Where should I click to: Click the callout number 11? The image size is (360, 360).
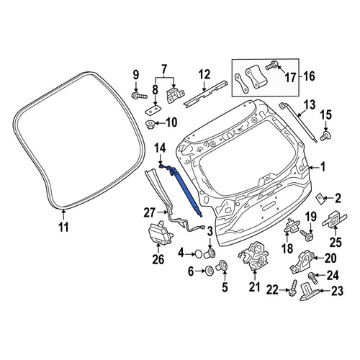64,227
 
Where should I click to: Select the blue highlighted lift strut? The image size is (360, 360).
182,189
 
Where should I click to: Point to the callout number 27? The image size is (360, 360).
149,212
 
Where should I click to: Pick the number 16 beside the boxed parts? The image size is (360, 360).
309,76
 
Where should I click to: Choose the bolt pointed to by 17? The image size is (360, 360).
272,66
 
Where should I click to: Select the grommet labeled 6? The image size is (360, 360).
210,271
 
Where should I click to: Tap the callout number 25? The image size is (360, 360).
336,242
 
